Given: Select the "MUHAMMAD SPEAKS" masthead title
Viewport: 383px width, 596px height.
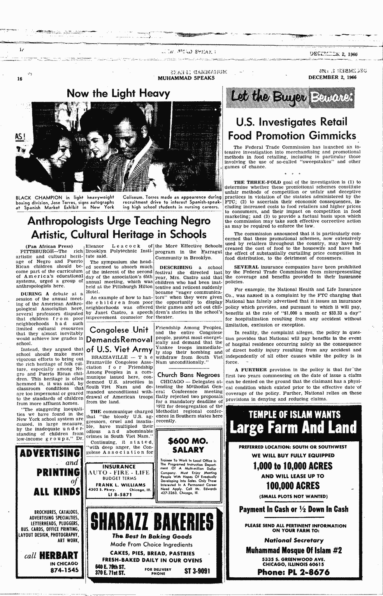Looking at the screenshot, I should [186, 78].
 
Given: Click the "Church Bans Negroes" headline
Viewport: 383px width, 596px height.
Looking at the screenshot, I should [188, 375].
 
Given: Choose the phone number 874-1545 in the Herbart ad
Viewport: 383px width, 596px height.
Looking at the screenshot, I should [64, 570].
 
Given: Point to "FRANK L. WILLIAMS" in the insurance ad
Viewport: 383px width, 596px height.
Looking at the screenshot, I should [116, 485].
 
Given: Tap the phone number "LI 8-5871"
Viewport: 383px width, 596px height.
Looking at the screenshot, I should [116, 494].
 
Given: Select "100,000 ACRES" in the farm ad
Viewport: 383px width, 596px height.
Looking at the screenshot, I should [293, 486].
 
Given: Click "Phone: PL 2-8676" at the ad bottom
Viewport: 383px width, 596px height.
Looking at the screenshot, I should [293, 572].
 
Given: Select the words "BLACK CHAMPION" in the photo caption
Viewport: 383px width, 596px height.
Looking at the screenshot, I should [39, 197].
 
